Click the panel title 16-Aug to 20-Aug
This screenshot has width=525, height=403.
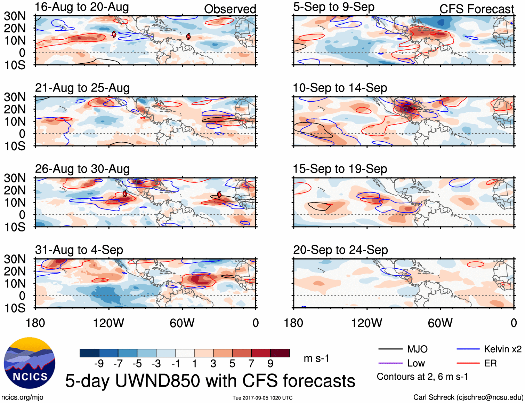[x=82, y=7]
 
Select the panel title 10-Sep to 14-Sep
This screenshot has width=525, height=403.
[x=340, y=88]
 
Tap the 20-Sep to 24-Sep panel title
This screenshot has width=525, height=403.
[x=340, y=250]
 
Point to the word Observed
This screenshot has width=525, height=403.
[x=230, y=9]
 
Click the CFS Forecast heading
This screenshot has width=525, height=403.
[x=476, y=9]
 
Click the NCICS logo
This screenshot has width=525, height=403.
[x=30, y=363]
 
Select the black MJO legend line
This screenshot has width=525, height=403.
[x=390, y=349]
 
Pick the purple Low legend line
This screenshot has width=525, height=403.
[x=390, y=363]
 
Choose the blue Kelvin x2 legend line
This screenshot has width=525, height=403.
[x=468, y=349]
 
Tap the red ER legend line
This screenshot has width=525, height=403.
[x=468, y=363]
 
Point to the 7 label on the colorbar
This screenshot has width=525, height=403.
[x=251, y=364]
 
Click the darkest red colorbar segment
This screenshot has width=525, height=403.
[x=280, y=353]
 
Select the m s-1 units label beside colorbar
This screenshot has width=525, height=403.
[x=316, y=358]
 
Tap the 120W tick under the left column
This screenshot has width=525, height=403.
[x=108, y=323]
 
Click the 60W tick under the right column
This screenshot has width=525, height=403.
[x=440, y=323]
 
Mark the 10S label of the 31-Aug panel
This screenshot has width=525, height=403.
[x=15, y=308]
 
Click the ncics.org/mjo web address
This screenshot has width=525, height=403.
[x=22, y=397]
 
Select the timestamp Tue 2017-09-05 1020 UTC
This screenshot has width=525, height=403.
[x=262, y=398]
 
